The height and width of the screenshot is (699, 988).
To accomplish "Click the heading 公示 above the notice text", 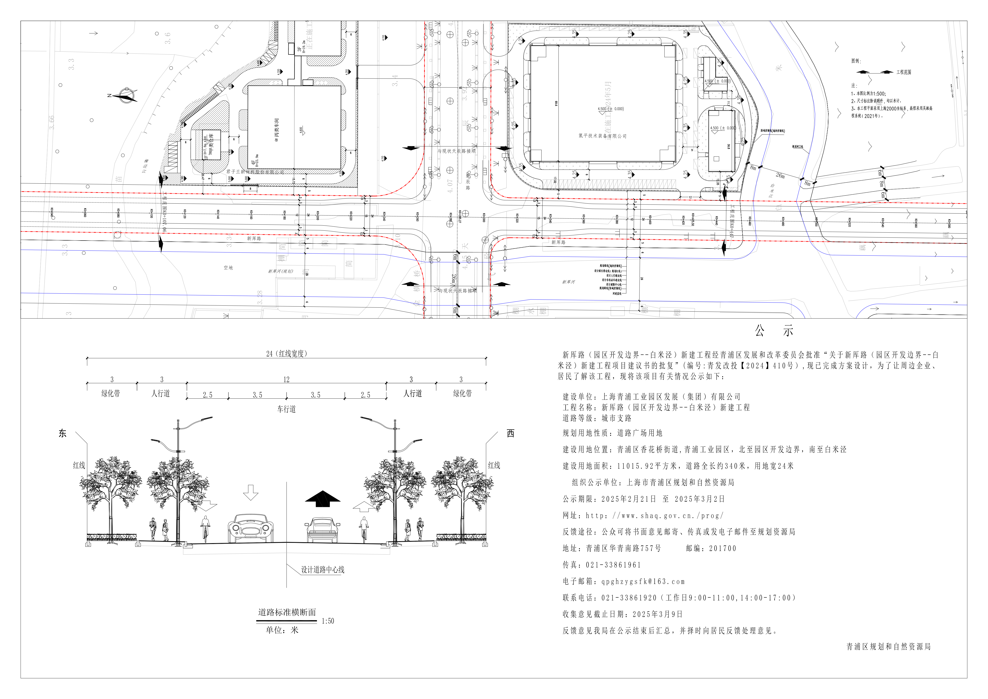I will click(774, 331).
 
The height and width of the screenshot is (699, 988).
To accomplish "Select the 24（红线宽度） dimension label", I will click(286, 353).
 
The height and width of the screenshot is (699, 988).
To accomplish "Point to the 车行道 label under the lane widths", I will click(286, 409).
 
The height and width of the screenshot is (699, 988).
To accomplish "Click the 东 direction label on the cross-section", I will click(62, 433).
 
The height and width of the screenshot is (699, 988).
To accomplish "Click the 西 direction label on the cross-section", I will click(511, 433).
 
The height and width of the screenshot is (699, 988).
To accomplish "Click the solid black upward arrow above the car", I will click(322, 498).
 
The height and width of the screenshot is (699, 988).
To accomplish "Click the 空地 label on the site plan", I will click(228, 268).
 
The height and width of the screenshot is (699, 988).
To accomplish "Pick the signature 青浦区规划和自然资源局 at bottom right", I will click(888, 646).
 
